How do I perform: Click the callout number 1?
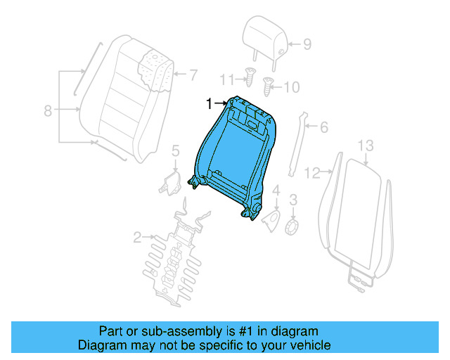pos(209,104)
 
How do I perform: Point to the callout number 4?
pos(276,191)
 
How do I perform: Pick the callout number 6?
pos(324,127)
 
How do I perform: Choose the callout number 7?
pos(194,73)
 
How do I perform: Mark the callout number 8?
pos(48,110)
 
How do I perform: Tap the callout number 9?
pos(307,44)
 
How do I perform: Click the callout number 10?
pos(291,87)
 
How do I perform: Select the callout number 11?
pos(226,78)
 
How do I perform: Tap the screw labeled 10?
pos(268,87)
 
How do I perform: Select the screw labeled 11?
pos(249,75)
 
